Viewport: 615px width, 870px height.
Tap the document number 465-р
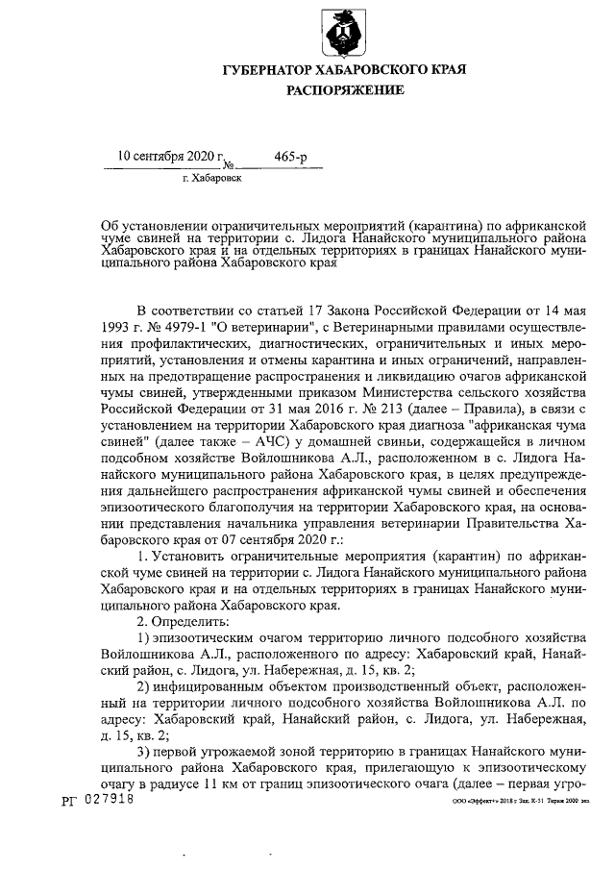[291, 155]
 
